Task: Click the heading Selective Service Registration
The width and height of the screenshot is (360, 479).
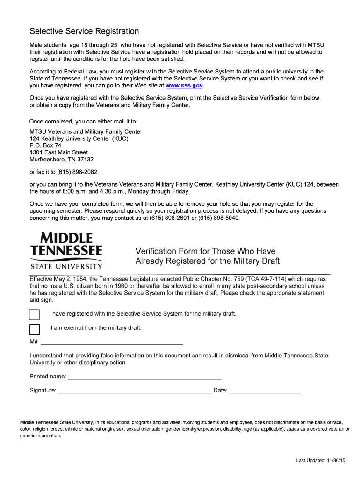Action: click(85, 31)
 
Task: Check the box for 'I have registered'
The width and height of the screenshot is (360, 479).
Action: click(35, 314)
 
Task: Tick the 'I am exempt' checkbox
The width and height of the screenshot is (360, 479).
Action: click(35, 328)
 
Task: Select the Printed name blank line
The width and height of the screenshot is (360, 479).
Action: click(144, 377)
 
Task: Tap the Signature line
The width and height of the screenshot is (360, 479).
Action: click(135, 391)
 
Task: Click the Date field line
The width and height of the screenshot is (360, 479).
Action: click(265, 391)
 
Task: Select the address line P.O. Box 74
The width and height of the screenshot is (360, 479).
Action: click(45, 145)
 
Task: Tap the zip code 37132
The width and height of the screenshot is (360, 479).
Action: click(85, 159)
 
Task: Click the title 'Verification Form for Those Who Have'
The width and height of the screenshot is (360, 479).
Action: click(205, 251)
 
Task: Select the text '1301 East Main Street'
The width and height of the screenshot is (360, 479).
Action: click(59, 152)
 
